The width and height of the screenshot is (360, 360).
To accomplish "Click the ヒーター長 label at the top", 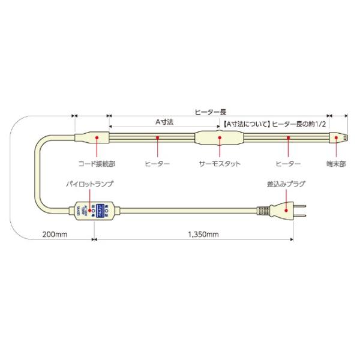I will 211,112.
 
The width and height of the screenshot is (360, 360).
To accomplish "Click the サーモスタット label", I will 220,163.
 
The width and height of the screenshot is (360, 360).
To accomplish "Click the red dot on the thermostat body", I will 220,138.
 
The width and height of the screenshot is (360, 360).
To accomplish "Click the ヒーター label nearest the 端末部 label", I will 287,163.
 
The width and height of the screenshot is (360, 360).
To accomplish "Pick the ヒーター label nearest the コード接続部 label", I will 158,163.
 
